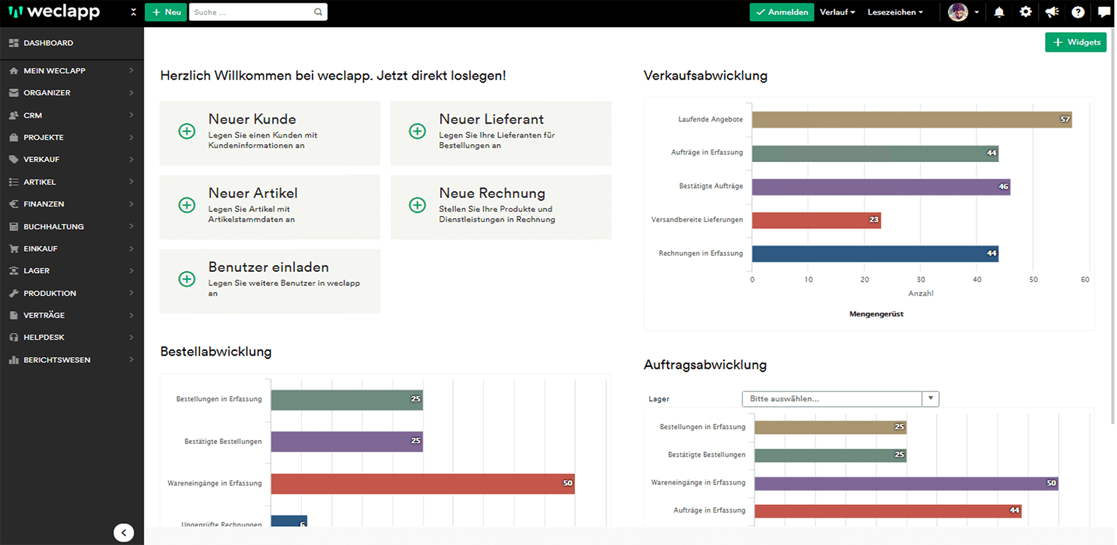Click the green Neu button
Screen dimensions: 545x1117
(x=166, y=12)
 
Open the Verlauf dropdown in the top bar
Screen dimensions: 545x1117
(x=837, y=12)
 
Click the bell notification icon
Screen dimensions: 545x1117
(x=999, y=12)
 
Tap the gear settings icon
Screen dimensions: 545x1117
(x=1025, y=12)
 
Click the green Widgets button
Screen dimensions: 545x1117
(x=1076, y=42)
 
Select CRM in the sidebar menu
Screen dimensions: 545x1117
(x=33, y=115)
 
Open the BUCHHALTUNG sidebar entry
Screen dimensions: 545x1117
(x=54, y=227)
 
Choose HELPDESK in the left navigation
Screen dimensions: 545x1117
(x=44, y=338)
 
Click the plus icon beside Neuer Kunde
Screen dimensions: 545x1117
(x=187, y=131)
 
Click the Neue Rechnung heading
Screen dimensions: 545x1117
(x=492, y=193)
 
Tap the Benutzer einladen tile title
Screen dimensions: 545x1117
(x=269, y=267)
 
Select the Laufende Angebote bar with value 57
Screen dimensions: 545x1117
(x=911, y=120)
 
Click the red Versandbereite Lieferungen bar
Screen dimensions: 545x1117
(x=816, y=219)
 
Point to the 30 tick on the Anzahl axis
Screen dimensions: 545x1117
(x=921, y=280)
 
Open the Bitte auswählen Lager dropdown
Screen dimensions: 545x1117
(x=840, y=399)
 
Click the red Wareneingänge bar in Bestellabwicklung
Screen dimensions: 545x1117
(x=422, y=483)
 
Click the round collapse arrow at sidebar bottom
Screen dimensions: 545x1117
(x=124, y=532)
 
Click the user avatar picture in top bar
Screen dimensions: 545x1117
(x=957, y=12)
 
